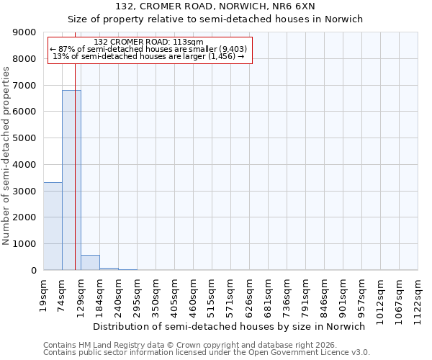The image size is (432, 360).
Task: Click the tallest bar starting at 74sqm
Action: click(x=71, y=180)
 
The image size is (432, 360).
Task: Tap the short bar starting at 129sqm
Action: click(x=90, y=263)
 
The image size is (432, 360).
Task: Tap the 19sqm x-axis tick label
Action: click(x=43, y=293)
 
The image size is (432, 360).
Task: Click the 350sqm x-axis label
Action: click(x=156, y=294)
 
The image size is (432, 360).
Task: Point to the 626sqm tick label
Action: click(x=249, y=294)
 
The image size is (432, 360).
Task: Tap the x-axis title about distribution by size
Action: click(x=230, y=326)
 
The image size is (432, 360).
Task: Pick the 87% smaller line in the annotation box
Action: click(x=149, y=49)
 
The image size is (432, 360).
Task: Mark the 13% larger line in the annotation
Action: click(x=149, y=56)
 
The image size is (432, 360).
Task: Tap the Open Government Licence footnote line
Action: click(x=207, y=353)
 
